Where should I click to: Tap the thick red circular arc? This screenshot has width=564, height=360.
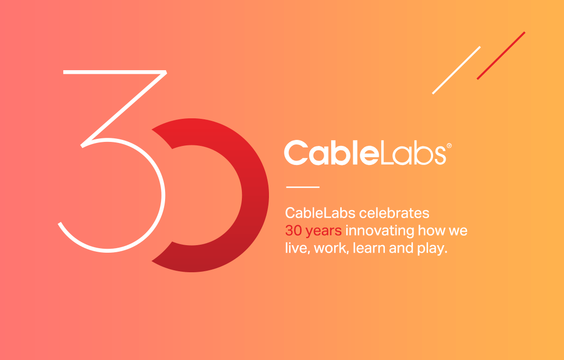pyautogui.click(x=255, y=196)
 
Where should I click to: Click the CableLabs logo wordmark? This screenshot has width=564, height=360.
pyautogui.click(x=365, y=153)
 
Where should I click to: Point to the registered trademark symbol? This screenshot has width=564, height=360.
pyautogui.click(x=449, y=145)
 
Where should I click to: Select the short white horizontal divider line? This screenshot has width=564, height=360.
pyautogui.click(x=303, y=187)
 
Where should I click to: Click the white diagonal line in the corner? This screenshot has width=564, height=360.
pyautogui.click(x=456, y=70)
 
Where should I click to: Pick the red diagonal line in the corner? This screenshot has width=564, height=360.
pyautogui.click(x=501, y=56)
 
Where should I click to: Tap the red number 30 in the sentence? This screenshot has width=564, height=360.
pyautogui.click(x=293, y=231)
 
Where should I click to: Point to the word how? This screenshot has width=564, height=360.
pyautogui.click(x=432, y=231)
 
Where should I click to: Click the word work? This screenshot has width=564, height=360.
pyautogui.click(x=331, y=248)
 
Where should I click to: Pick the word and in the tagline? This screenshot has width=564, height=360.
pyautogui.click(x=399, y=248)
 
